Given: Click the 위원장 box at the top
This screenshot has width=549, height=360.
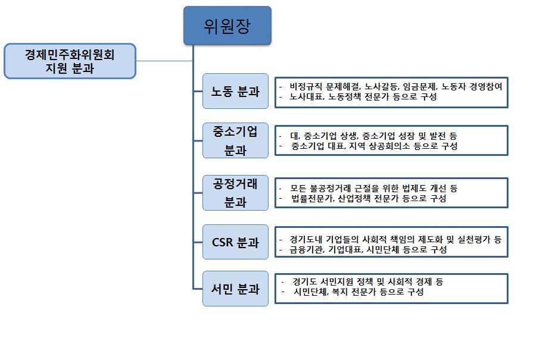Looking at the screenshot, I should pyautogui.click(x=227, y=26).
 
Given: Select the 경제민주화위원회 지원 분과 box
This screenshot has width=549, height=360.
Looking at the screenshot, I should pyautogui.click(x=70, y=61).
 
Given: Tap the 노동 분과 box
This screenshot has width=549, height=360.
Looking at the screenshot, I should pyautogui.click(x=235, y=91).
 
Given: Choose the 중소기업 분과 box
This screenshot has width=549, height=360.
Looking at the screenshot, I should pyautogui.click(x=235, y=140).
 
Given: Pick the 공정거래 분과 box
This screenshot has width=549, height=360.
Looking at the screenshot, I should pyautogui.click(x=235, y=192).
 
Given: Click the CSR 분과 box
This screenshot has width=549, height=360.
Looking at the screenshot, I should pyautogui.click(x=235, y=242).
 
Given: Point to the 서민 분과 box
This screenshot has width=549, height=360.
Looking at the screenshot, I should pyautogui.click(x=235, y=289).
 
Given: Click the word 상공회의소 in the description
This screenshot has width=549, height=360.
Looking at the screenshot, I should pyautogui.click(x=395, y=146).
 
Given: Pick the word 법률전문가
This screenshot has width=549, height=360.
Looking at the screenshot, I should pyautogui.click(x=313, y=198).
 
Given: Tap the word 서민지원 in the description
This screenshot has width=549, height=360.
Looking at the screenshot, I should pyautogui.click(x=341, y=281).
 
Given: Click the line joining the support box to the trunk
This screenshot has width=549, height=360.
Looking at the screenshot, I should pyautogui.click(x=164, y=61).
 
